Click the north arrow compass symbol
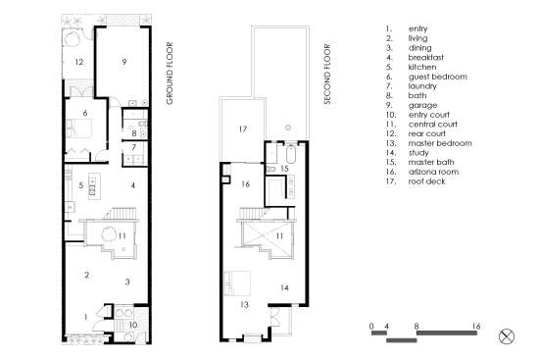[507, 336]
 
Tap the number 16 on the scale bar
[476, 326]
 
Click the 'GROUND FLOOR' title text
[170, 74]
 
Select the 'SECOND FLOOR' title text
[326, 74]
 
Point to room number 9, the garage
[124, 62]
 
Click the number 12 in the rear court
[79, 62]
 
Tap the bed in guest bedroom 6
[79, 129]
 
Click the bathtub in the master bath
[291, 155]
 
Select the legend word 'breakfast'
[426, 57]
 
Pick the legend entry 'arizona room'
[433, 172]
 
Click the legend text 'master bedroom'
[440, 143]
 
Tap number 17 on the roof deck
[243, 129]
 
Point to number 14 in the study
[284, 287]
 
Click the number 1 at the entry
[85, 317]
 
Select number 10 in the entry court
[133, 325]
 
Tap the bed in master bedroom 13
[237, 283]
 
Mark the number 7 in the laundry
[134, 147]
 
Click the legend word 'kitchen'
[422, 67]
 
